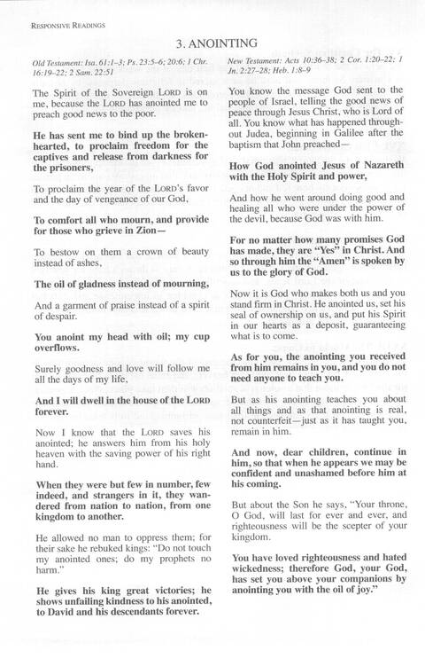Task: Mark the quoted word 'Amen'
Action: click(344, 262)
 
